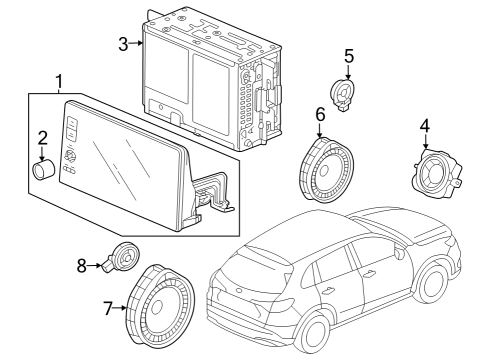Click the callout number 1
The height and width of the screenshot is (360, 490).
pyautogui.click(x=60, y=80)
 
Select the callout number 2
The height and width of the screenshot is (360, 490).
pyautogui.click(x=43, y=137)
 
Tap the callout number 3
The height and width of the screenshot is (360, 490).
pyautogui.click(x=123, y=43)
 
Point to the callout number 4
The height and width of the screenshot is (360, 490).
pyautogui.click(x=425, y=126)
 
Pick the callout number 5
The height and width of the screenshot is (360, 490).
pyautogui.click(x=348, y=56)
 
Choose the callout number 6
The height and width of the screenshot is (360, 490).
pyautogui.click(x=320, y=116)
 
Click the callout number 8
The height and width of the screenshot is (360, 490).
pyautogui.click(x=83, y=265)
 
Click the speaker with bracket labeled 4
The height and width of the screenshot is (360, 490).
pyautogui.click(x=437, y=171)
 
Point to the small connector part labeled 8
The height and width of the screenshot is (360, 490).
pyautogui.click(x=122, y=258)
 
